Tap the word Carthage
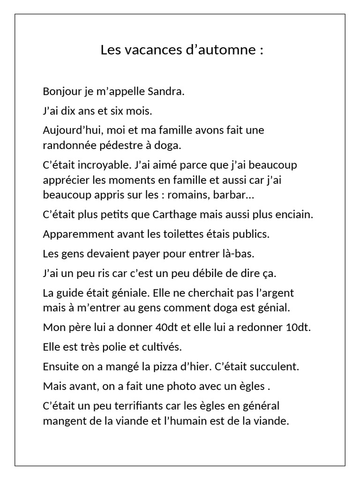(x=175, y=215)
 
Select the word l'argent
(x=274, y=293)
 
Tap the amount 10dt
(x=298, y=327)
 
